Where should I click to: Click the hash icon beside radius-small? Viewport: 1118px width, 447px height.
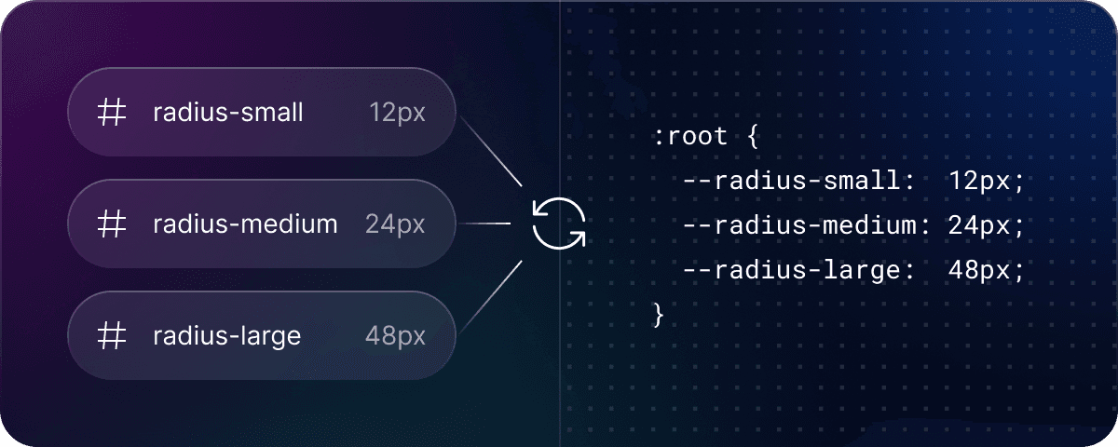(111, 112)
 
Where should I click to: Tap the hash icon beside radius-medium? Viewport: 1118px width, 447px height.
(111, 223)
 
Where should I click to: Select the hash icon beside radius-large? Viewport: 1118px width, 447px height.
(111, 335)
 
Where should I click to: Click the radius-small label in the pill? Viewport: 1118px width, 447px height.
(227, 112)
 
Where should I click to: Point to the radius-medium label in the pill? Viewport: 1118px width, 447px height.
(245, 223)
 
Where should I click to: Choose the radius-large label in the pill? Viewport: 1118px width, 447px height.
(226, 336)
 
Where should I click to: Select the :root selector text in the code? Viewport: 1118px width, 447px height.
(690, 136)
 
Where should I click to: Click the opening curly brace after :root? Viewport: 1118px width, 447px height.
(753, 136)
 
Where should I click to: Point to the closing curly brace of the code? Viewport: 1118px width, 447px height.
(659, 316)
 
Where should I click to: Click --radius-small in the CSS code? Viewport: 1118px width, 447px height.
(792, 180)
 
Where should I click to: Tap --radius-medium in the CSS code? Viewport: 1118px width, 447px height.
(800, 225)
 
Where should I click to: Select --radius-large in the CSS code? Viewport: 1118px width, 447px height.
(792, 270)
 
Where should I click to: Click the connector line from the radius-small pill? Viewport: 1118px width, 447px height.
(491, 152)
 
